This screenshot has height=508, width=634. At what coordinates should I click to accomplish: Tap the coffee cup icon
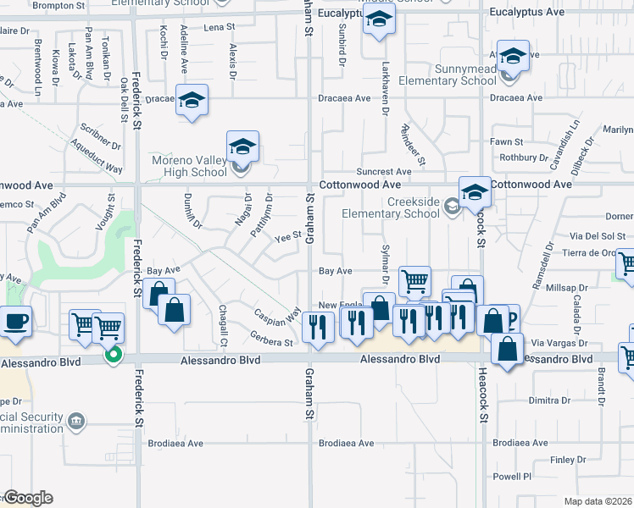click(x=17, y=322)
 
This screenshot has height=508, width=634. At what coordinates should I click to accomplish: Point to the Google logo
click(x=29, y=498)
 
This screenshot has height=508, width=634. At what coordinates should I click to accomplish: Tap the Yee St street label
click(x=288, y=236)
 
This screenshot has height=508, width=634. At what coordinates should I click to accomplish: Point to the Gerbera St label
click(x=272, y=343)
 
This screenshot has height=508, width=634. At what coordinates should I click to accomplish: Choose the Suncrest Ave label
click(x=384, y=171)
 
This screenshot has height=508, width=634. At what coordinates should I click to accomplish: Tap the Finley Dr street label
click(x=562, y=461)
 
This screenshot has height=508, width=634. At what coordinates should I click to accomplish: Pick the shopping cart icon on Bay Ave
click(x=414, y=281)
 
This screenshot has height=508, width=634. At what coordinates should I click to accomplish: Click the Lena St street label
click(x=219, y=27)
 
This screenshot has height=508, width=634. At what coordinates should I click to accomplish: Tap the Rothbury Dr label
click(x=519, y=157)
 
